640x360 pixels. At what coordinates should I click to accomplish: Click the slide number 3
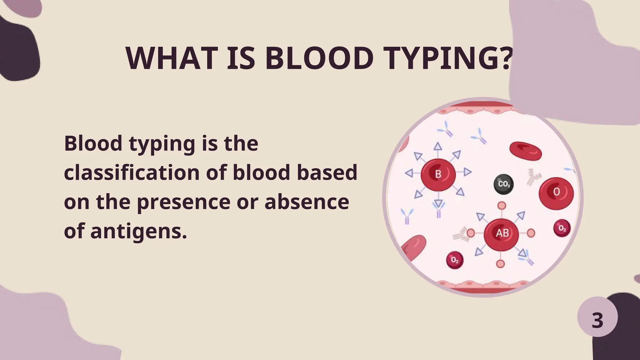click(x=597, y=320)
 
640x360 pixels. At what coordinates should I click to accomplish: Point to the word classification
click(x=132, y=172)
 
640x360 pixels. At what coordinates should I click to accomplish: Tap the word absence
click(x=307, y=202)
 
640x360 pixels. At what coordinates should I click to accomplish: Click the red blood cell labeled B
click(x=438, y=174)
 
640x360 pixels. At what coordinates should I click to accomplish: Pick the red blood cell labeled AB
click(x=502, y=233)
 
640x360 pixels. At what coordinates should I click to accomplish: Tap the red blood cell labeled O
click(x=556, y=192)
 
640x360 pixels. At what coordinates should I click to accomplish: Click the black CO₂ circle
click(x=504, y=184)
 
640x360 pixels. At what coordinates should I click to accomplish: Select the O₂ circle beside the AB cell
click(x=562, y=228)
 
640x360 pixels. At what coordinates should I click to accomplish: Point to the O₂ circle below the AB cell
click(x=455, y=260)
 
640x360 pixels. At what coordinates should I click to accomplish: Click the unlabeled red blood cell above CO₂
click(x=526, y=151)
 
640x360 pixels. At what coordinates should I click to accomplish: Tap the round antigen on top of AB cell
click(x=502, y=205)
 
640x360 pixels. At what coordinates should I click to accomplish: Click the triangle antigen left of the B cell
click(x=409, y=173)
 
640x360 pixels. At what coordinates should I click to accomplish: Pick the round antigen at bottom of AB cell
click(x=501, y=263)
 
